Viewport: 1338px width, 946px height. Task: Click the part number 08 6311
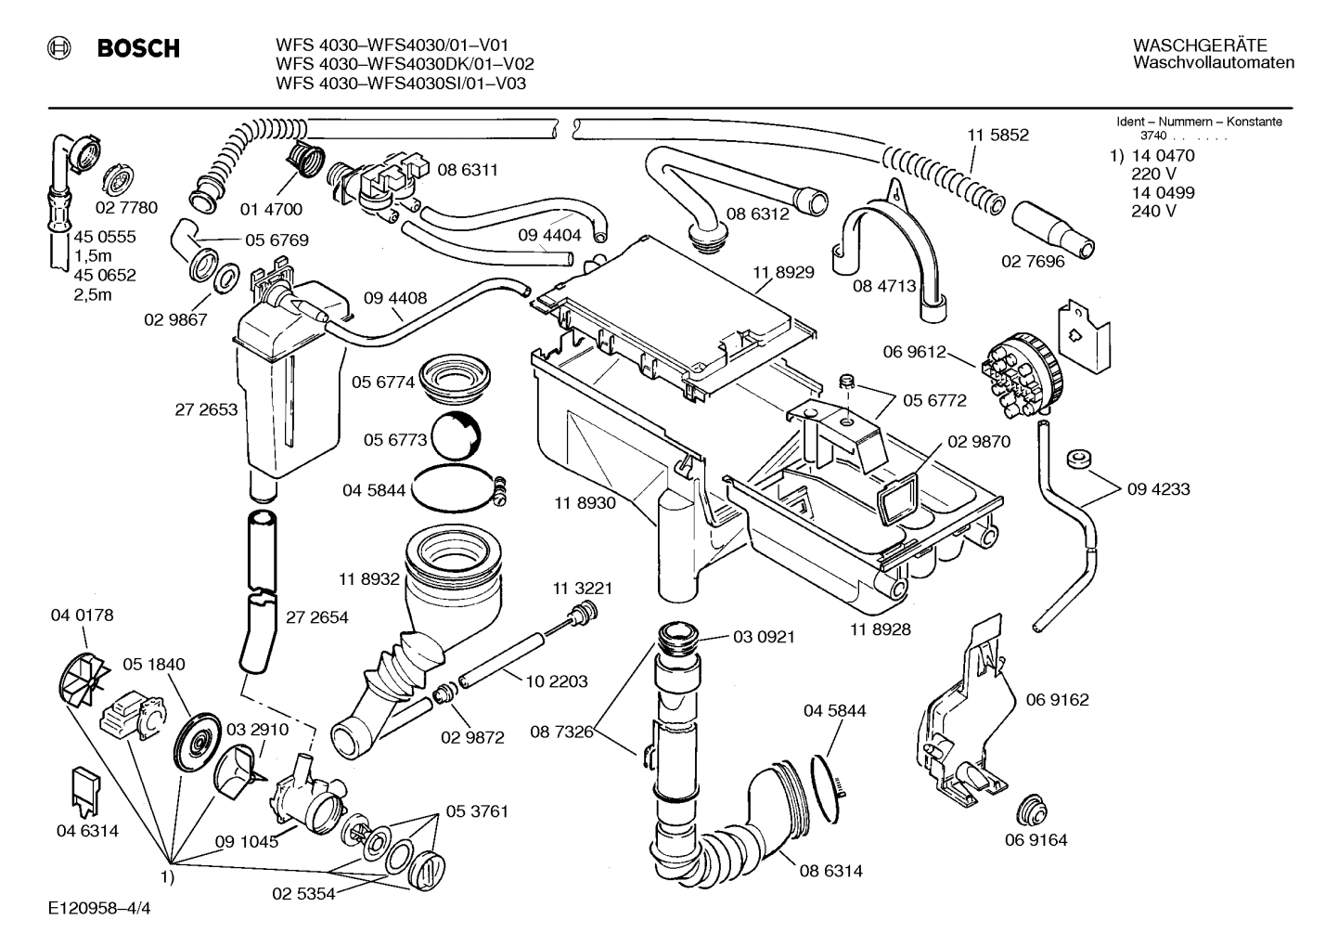coord(468,170)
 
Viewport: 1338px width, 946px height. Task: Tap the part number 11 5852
coord(997,135)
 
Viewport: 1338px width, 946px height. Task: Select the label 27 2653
coord(206,409)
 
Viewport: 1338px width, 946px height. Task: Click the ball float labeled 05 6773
coord(455,436)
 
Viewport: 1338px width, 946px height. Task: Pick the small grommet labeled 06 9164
coord(1029,809)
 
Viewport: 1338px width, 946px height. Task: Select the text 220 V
coord(1153,174)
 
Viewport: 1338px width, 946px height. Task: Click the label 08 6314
coord(830,871)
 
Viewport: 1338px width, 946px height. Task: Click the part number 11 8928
coord(880,629)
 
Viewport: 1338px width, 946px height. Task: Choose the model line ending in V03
coord(401,84)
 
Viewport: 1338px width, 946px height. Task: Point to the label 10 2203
coord(556,681)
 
